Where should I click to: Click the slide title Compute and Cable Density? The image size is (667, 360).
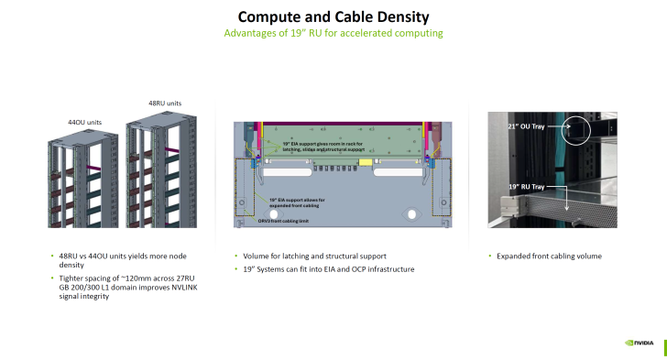click(333, 16)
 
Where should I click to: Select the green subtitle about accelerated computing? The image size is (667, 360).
click(333, 34)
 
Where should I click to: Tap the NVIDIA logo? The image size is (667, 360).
click(639, 344)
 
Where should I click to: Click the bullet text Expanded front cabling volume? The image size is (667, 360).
click(549, 256)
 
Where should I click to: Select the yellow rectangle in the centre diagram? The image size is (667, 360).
click(365, 162)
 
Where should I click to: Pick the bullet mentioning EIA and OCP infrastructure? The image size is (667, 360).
click(328, 269)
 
